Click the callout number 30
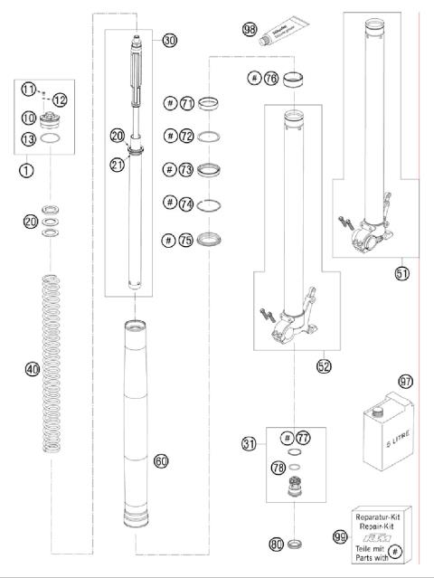tap(171, 40)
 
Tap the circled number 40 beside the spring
tap(32, 369)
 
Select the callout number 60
tap(161, 461)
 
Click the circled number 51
tap(401, 272)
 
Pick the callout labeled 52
tap(323, 366)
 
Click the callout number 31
tap(249, 443)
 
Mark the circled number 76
tap(269, 79)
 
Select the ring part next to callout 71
tap(208, 105)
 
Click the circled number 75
tap(186, 240)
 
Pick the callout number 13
tap(29, 138)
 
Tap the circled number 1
tap(28, 169)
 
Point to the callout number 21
tap(117, 164)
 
